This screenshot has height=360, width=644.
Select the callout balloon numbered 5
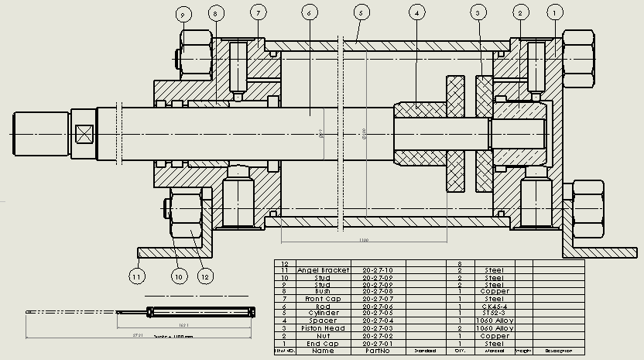click(x=359, y=12)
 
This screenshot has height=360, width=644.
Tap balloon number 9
click(x=183, y=13)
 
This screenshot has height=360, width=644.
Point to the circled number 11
click(x=137, y=275)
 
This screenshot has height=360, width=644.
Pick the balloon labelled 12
click(x=204, y=275)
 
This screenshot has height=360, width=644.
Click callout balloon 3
click(x=479, y=12)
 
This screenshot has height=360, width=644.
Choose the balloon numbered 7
click(x=258, y=12)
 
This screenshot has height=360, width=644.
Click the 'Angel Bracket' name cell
click(x=324, y=270)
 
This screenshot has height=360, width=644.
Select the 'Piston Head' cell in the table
click(x=324, y=327)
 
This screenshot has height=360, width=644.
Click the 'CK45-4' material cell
click(x=493, y=306)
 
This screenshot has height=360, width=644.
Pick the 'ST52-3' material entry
click(x=493, y=313)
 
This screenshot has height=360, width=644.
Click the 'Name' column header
click(x=324, y=350)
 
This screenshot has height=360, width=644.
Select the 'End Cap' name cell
click(x=324, y=342)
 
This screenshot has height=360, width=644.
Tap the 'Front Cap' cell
click(x=324, y=299)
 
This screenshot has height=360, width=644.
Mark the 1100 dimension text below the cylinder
click(x=364, y=241)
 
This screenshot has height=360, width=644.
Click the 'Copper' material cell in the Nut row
click(x=493, y=335)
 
